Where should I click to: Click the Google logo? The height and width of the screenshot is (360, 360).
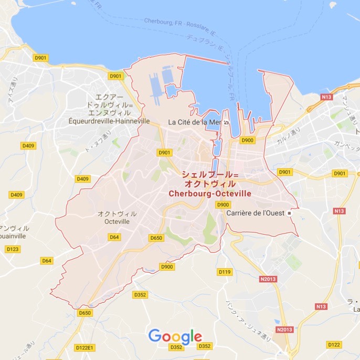click(x=175, y=336)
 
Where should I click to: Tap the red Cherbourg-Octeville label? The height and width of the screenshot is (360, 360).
click(x=210, y=194)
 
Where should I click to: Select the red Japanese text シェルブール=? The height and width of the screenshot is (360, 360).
click(x=210, y=175)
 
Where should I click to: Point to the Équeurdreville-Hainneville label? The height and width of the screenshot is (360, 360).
click(x=109, y=121)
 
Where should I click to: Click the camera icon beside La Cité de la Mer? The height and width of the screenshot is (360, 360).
click(x=226, y=122)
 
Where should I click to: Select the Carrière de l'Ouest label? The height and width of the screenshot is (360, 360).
click(x=255, y=214)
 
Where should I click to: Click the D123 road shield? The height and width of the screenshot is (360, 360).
click(x=13, y=249)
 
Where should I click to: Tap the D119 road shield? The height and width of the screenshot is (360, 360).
click(x=225, y=272)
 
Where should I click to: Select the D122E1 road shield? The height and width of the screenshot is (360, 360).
click(x=84, y=348)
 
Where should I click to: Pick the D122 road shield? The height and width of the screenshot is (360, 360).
click(x=334, y=344)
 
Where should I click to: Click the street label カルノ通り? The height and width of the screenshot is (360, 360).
click(x=289, y=137)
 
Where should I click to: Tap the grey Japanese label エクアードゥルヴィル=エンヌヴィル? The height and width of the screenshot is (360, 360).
click(x=110, y=105)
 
